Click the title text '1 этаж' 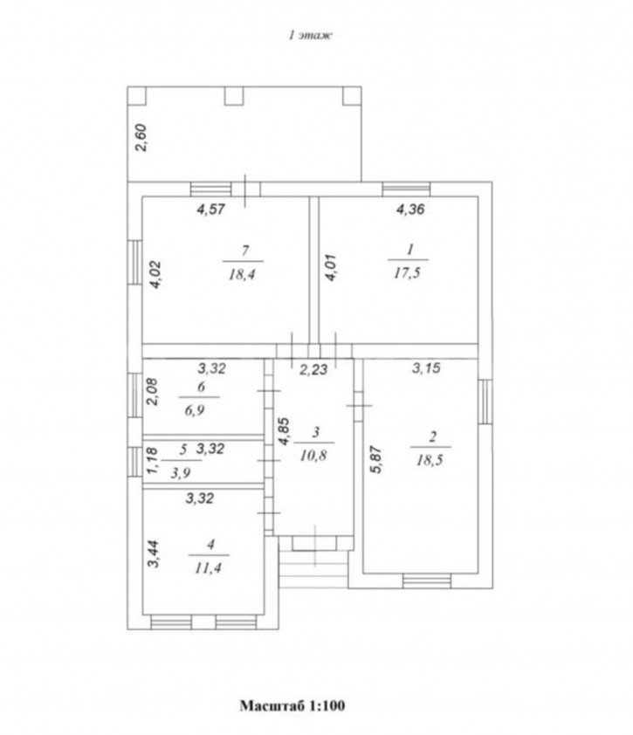pos(310,35)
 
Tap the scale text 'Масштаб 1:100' pos(292,705)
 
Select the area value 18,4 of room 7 pos(242,274)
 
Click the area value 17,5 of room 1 pos(407,273)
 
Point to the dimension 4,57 pos(211,209)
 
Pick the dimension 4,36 pos(410,209)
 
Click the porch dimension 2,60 pos(141,137)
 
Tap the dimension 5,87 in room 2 pos(377,459)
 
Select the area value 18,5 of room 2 pos(430,460)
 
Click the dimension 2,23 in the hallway pos(313,370)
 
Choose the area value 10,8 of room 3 pos(313,455)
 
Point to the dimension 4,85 pos(284,431)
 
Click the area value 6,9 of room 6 pos(194,410)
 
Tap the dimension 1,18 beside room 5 pos(152,460)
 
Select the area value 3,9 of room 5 pos(180,473)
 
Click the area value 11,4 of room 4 pos(208,568)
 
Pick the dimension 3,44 pos(154,554)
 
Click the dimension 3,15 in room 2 pos(426,368)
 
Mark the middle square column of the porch pos(234,96)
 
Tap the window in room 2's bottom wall pos(427,581)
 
